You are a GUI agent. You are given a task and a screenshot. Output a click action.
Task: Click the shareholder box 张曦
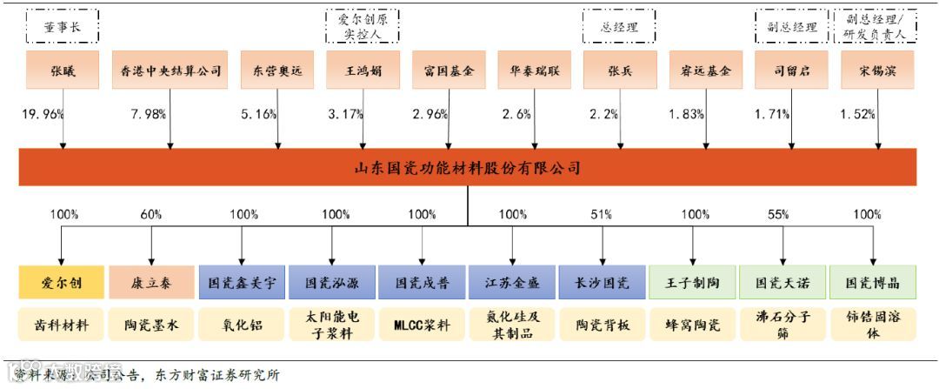[x=62, y=70]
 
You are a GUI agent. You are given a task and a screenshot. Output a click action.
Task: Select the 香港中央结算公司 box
[x=170, y=70]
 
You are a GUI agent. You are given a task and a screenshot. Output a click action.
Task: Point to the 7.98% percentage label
[x=148, y=114]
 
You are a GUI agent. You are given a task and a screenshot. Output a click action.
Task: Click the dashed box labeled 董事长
[x=62, y=27]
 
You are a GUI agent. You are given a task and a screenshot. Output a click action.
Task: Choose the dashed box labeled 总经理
[x=620, y=27]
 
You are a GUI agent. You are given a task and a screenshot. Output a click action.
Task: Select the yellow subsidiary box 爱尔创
[x=62, y=283]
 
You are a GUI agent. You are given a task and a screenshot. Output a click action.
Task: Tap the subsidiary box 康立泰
[x=151, y=283]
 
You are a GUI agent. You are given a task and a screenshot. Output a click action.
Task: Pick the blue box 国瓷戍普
[x=422, y=283]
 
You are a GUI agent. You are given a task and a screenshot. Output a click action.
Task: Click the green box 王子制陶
[x=693, y=283]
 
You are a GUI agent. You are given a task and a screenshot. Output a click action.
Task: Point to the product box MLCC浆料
[x=422, y=324]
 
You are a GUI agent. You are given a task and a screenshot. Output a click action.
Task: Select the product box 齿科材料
[x=62, y=324]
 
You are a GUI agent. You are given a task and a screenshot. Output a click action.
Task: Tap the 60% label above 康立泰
[x=151, y=214]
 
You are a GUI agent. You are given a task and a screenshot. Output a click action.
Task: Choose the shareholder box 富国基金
[x=449, y=70]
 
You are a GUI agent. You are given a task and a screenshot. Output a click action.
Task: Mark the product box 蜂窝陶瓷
[x=693, y=324]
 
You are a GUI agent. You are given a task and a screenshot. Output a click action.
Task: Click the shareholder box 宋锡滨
[x=874, y=70]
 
